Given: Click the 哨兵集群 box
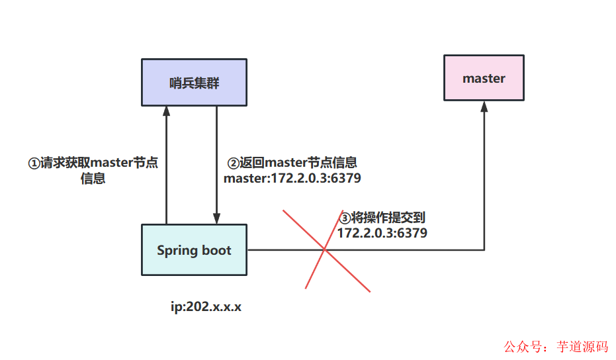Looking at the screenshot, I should (194, 82).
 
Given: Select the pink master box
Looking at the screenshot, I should (484, 78).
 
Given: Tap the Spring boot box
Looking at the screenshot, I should (194, 250).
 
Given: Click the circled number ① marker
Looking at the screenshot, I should (34, 163).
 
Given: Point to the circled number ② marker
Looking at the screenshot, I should (234, 163).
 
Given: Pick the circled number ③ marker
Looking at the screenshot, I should (345, 218).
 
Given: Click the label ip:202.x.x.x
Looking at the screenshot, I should (206, 308).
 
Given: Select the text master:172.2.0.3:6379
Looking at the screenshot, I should (292, 178).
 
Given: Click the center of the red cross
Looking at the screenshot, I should (325, 249).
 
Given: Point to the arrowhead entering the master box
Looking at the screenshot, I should (484, 107).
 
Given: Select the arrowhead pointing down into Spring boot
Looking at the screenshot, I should (216, 218).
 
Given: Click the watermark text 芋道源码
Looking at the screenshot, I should (582, 347).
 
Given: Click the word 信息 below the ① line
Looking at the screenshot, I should (93, 179).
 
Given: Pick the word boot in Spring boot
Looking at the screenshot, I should (217, 250).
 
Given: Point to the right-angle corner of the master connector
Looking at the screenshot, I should (484, 249).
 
